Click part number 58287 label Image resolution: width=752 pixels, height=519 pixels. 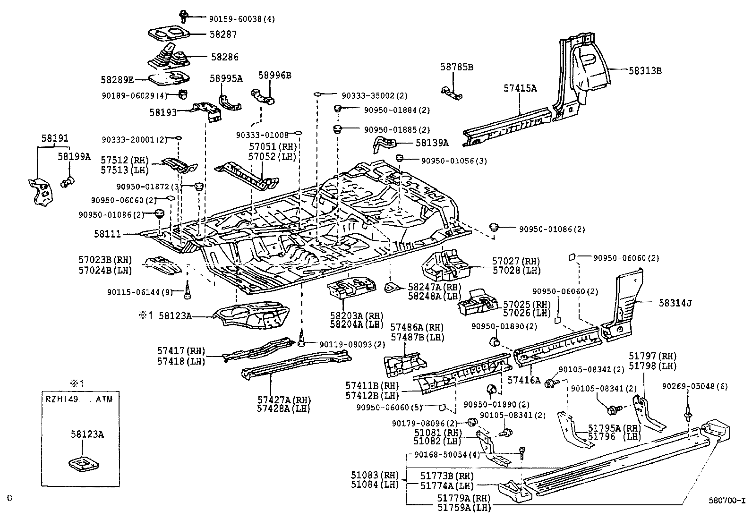pyautogui.click(x=223, y=34)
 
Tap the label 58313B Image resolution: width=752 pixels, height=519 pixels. pyautogui.click(x=645, y=71)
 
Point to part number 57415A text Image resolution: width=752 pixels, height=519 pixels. pyautogui.click(x=520, y=88)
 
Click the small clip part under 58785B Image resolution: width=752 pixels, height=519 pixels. pyautogui.click(x=452, y=93)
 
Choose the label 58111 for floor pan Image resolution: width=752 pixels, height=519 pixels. pyautogui.click(x=107, y=234)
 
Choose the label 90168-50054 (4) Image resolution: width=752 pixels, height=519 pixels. pyautogui.click(x=447, y=454)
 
